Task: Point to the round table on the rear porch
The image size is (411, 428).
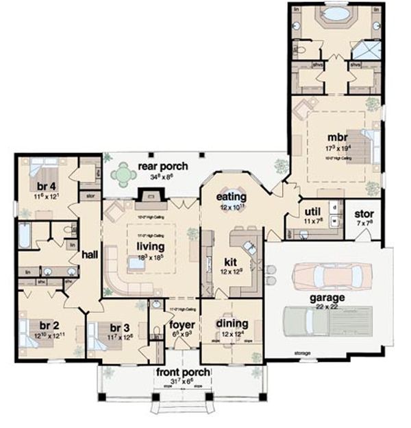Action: [x=123, y=174]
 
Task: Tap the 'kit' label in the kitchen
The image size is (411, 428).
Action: [x=229, y=261]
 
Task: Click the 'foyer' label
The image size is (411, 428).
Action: [x=182, y=325]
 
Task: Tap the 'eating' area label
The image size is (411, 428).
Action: [x=233, y=198]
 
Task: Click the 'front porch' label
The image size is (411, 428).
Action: [x=182, y=372]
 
